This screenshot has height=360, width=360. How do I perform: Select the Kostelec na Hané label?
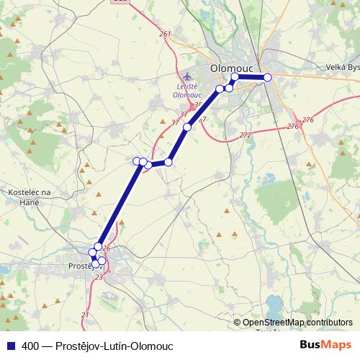28,197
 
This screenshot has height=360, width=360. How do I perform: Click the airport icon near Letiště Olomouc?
189,76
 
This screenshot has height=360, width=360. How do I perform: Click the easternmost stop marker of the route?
267,77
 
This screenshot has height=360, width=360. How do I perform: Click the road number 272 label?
245,135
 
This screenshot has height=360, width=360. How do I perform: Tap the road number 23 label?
99,276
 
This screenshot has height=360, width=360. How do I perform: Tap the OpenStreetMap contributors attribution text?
297,322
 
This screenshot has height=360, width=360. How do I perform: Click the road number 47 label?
202,119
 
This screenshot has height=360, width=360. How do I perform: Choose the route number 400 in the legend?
30,346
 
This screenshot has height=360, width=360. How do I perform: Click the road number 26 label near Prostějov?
106,248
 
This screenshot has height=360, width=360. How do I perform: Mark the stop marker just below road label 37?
186,127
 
